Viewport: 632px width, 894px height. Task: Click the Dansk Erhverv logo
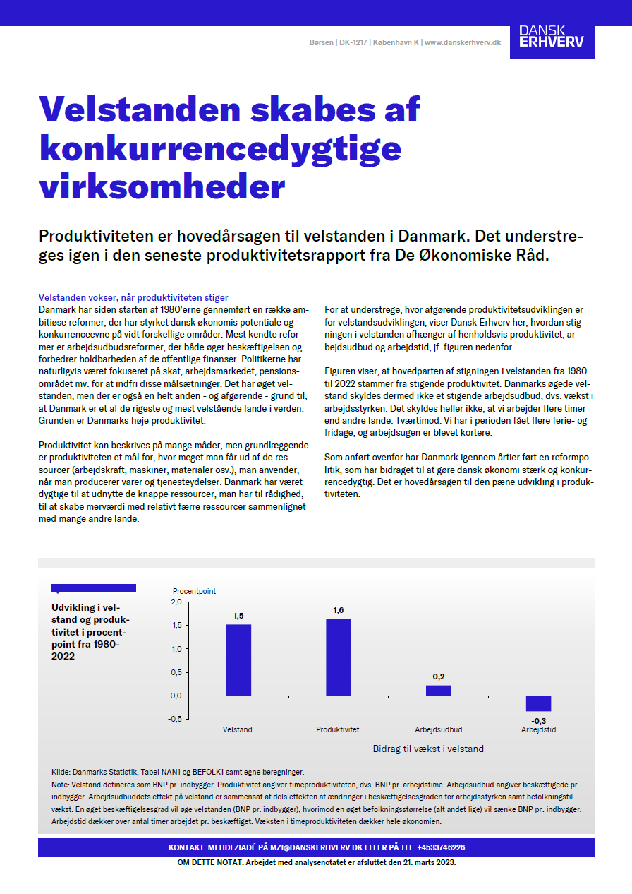551,37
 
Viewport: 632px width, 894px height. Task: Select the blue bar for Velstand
238,660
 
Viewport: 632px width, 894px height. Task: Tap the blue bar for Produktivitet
338,657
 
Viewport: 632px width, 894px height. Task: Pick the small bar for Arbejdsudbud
438,690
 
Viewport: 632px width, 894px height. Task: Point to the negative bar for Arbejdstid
538,703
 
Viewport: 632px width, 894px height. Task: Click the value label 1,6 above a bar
339,610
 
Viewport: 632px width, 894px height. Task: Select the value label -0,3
538,720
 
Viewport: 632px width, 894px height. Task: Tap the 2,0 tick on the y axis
176,602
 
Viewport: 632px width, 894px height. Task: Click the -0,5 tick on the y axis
174,719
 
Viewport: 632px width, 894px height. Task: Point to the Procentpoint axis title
195,590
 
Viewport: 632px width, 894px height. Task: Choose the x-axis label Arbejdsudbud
438,729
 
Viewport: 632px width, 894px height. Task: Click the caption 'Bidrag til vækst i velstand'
427,749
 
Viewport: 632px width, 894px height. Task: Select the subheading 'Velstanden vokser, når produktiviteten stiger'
133,298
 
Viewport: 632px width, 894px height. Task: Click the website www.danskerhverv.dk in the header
463,43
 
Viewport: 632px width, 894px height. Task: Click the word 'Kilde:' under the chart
61,773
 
